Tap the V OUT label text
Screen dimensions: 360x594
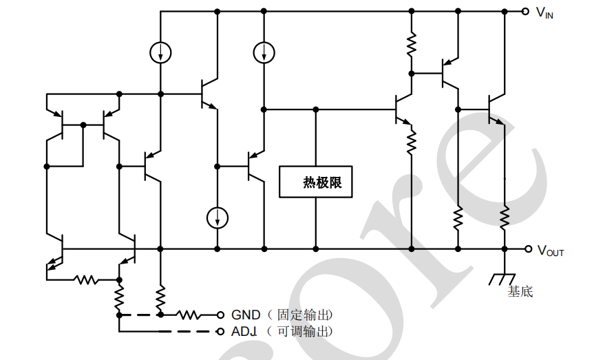[x=550, y=251]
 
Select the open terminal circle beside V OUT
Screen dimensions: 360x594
[x=528, y=249]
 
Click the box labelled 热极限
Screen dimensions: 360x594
[x=316, y=183]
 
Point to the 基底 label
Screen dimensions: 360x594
[x=520, y=292]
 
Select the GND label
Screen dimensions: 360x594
[x=246, y=315]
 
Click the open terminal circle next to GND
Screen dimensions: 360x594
[x=221, y=315]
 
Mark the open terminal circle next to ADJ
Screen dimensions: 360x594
[x=221, y=332]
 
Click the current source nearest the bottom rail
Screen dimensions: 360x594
[x=217, y=218]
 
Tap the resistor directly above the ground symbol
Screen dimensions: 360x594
[x=505, y=218]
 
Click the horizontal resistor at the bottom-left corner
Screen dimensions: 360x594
[x=87, y=279]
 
